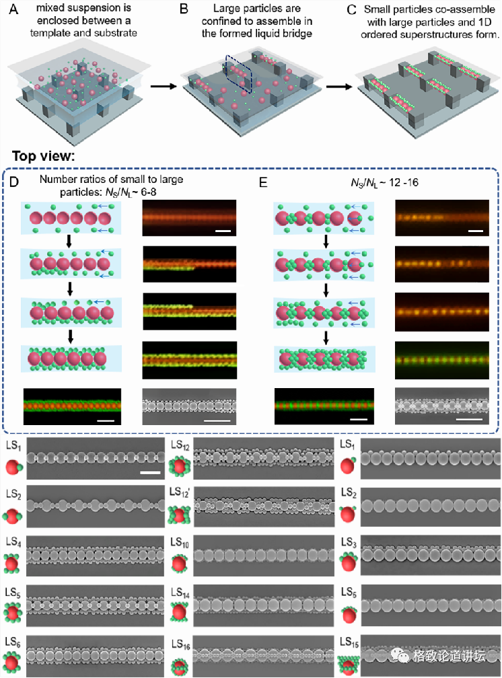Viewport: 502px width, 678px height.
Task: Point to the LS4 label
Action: click(13, 542)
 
